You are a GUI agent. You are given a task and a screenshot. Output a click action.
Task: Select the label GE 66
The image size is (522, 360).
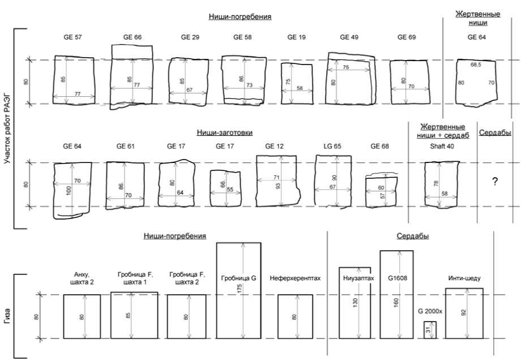(x=132, y=37)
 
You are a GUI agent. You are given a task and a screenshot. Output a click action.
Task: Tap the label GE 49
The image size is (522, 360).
(x=349, y=37)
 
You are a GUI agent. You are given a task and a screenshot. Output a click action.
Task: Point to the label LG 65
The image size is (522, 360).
(x=332, y=146)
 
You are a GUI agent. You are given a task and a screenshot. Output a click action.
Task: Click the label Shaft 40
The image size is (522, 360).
(x=442, y=146)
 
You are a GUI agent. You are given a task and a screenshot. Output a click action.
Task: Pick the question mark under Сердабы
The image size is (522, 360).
(x=495, y=182)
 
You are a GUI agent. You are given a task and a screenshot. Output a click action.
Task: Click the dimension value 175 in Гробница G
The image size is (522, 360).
(x=239, y=288)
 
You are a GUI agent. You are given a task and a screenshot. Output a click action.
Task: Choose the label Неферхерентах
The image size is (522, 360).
(x=296, y=278)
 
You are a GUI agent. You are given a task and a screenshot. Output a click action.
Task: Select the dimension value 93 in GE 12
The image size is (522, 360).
(x=278, y=187)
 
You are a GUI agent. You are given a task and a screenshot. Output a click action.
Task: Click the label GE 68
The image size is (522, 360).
(x=380, y=146)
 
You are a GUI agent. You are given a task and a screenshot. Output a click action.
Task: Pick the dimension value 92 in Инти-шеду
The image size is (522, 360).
(x=464, y=312)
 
